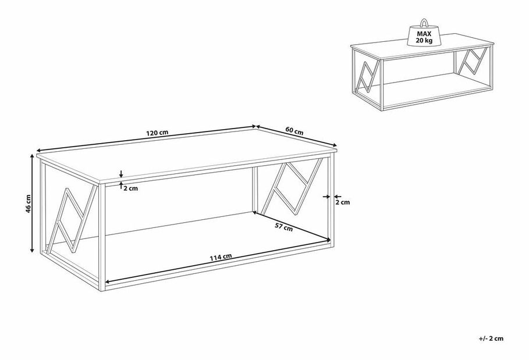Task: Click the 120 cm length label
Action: (x=157, y=133)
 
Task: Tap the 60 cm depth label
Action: (x=294, y=131)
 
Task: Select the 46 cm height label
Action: (x=29, y=204)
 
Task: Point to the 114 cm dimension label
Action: (x=221, y=257)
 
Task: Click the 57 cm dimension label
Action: (x=283, y=227)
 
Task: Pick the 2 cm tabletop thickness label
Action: (x=130, y=188)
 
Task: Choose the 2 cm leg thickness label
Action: (x=342, y=202)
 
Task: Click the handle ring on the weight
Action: (x=424, y=23)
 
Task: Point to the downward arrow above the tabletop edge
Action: (x=121, y=173)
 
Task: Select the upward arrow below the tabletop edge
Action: (x=121, y=185)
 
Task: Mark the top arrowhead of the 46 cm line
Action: (x=32, y=156)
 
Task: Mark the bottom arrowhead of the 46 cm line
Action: (x=32, y=250)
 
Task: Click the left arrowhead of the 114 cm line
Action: (x=107, y=281)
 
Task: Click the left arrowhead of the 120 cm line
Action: (x=39, y=151)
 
